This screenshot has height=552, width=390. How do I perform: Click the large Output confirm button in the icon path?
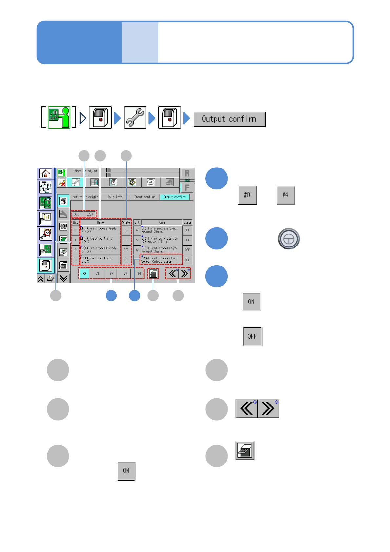[229, 119]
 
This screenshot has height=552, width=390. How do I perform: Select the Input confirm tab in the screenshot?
[145, 197]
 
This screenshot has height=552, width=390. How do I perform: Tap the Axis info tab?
[115, 197]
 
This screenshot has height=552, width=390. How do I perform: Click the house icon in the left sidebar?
[46, 173]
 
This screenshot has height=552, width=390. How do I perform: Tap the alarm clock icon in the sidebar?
[46, 234]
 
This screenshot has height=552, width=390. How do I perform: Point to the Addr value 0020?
[90, 214]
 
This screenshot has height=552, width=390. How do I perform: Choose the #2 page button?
[112, 273]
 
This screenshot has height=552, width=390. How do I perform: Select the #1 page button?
[98, 273]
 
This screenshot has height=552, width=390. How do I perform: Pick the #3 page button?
[126, 273]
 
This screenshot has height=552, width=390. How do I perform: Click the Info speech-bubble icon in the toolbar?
[151, 182]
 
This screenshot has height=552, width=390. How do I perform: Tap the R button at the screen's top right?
[187, 173]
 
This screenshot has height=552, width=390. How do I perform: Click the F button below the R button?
[187, 187]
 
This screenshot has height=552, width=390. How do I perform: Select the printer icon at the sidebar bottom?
[50, 279]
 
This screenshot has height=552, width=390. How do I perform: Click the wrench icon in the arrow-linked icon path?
[135, 117]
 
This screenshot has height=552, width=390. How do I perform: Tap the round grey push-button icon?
[288, 239]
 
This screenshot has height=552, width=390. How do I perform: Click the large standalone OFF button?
[252, 337]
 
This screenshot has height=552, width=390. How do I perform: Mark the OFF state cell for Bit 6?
[187, 250]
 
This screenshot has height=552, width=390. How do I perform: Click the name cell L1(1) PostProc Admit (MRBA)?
[100, 240]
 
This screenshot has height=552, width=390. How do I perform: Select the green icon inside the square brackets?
[59, 117]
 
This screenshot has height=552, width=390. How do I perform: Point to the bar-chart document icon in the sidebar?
[46, 218]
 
